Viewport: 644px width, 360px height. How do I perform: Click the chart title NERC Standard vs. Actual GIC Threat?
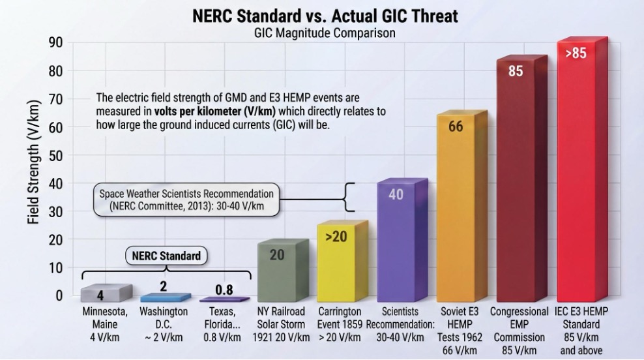tap(325, 16)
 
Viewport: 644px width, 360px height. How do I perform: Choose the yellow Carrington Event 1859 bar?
tap(339, 261)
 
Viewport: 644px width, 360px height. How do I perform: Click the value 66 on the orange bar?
tap(456, 126)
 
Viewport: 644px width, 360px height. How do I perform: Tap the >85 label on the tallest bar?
tap(576, 53)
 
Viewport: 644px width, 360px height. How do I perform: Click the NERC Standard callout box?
tap(166, 256)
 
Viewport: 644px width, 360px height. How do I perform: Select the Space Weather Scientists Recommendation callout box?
tap(186, 200)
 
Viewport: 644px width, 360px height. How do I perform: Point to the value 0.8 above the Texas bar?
tap(224, 290)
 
